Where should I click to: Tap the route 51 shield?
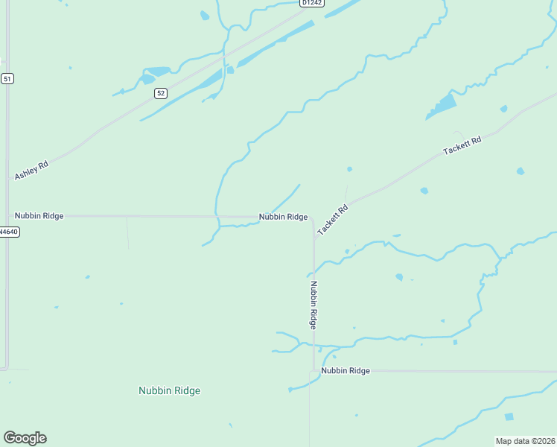tap(7, 78)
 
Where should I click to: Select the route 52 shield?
tap(161, 93)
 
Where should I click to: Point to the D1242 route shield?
tap(311, 3)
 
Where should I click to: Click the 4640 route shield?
tap(8, 232)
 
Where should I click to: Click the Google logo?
tap(25, 438)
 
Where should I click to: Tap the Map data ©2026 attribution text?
tap(525, 441)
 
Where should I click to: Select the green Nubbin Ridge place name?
tap(169, 390)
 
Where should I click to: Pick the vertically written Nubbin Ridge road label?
tap(313, 305)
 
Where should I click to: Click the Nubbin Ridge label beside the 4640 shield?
tap(39, 216)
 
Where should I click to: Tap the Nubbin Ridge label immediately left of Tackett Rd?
tap(283, 217)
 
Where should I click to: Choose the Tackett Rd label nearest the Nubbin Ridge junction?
tap(333, 221)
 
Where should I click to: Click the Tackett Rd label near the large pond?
tap(462, 145)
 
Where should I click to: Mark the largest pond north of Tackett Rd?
tap(442, 106)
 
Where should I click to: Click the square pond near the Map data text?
tap(509, 417)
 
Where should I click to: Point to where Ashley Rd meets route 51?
tap(8, 181)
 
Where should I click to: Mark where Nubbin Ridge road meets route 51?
tap(8, 216)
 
